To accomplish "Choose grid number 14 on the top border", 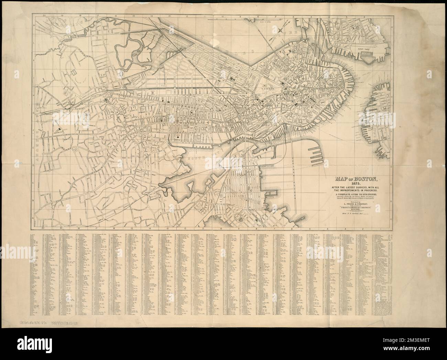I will (151, 16).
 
